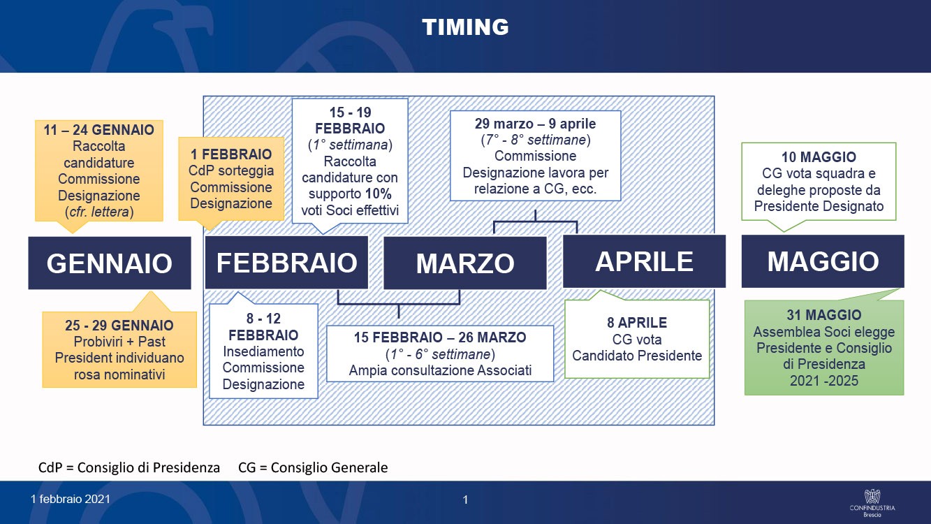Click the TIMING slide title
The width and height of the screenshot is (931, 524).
(465, 27)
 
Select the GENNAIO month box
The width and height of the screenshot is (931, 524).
(110, 263)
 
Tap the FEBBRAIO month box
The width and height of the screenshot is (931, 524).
(287, 263)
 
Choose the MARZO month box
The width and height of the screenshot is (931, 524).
(465, 263)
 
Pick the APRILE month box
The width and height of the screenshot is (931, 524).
(644, 261)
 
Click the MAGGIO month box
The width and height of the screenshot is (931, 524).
(823, 261)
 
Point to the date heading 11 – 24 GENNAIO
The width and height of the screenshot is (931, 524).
(99, 130)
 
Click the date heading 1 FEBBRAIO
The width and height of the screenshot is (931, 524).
(231, 154)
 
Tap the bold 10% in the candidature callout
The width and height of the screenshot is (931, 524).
(379, 194)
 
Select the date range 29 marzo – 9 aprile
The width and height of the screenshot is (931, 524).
(535, 124)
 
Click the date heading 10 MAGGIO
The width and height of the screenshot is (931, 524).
(819, 157)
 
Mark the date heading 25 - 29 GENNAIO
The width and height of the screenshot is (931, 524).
(119, 325)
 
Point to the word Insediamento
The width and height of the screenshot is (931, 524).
(263, 351)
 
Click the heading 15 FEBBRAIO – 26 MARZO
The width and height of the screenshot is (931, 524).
(440, 337)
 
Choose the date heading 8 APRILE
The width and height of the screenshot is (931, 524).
(637, 323)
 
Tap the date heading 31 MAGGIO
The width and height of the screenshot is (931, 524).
(824, 315)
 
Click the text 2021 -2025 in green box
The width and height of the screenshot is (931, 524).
(824, 381)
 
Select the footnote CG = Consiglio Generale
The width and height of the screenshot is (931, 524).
(313, 467)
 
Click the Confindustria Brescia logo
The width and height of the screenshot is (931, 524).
(872, 503)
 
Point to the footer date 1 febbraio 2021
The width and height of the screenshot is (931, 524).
(71, 499)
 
